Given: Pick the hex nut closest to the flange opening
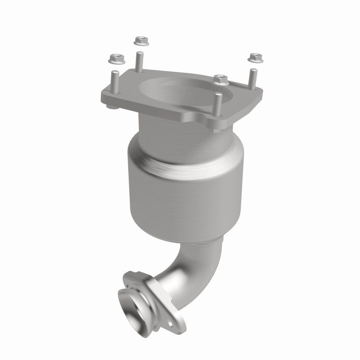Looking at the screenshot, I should tap(220, 79).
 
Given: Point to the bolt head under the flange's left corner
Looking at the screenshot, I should tap(112, 108).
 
